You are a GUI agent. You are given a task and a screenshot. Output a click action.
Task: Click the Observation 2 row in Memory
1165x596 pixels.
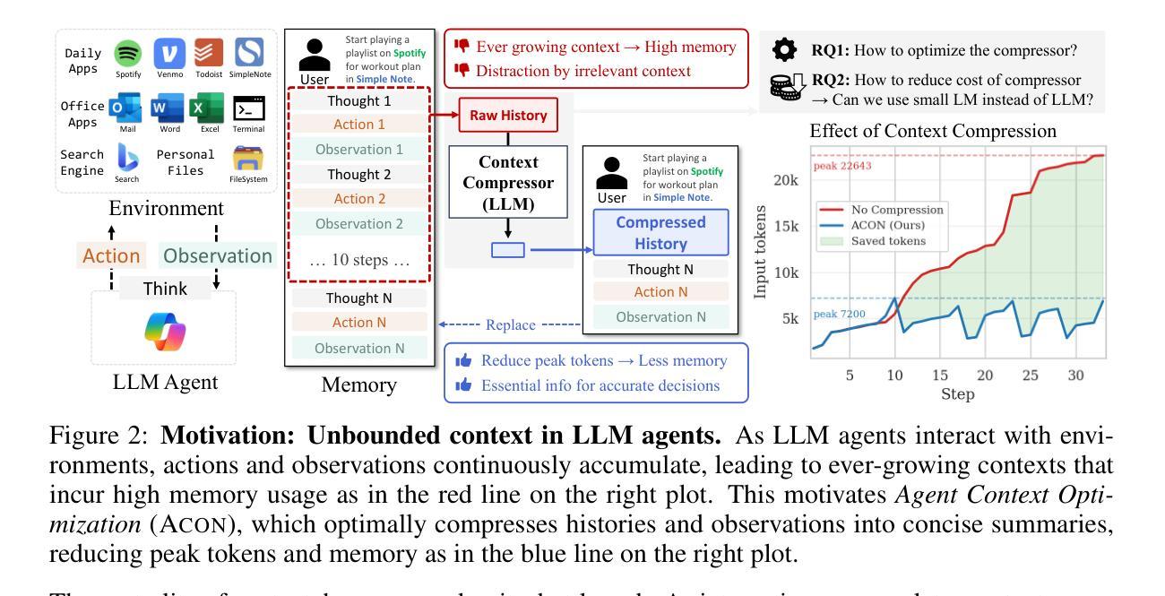[359, 224]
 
